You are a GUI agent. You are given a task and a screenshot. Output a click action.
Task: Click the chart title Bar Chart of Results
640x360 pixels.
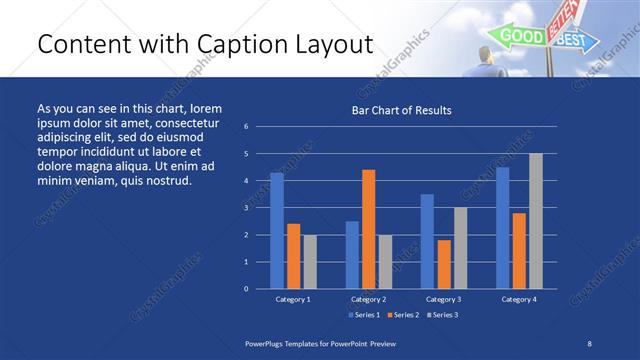pos(401,110)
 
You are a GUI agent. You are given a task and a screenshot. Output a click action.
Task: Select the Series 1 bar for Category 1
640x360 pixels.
pos(277,230)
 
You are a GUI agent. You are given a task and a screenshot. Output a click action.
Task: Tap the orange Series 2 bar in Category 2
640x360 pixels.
pos(368,229)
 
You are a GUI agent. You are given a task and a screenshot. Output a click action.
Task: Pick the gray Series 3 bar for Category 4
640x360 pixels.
pos(536,221)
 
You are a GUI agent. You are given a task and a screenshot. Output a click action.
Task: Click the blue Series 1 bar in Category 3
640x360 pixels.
pos(427,241)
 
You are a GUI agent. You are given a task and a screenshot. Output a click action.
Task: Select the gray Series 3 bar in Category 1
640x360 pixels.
pos(309,261)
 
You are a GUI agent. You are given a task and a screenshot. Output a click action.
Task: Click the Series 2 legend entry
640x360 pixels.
pos(404,315)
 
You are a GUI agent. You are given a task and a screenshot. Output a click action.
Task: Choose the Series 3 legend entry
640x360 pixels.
pos(443,315)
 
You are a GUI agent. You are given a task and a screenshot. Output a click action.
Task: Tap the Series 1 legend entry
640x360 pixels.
pos(365,315)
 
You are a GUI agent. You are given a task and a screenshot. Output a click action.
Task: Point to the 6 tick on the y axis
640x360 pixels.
pos(246,127)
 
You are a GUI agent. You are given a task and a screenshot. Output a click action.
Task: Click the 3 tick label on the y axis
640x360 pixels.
pos(246,208)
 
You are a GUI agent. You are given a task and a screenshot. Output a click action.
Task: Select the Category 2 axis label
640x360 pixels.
pos(368,299)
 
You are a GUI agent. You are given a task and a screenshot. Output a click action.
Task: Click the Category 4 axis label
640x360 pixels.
pos(519,299)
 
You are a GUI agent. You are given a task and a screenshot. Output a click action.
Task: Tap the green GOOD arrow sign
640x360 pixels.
pos(519,36)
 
